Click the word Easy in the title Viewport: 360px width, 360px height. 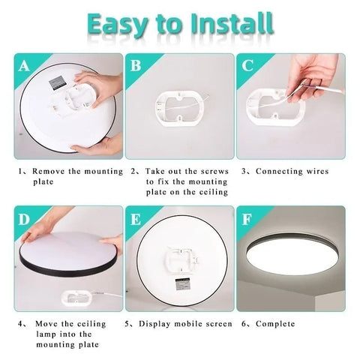point(124,24)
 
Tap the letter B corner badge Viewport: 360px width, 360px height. point(135,66)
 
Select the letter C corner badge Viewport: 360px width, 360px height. point(247,66)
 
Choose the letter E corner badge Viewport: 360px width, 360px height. point(135,220)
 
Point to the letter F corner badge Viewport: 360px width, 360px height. point(247,220)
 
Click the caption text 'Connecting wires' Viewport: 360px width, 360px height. point(292,171)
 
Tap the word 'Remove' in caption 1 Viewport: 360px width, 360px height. point(49,171)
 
